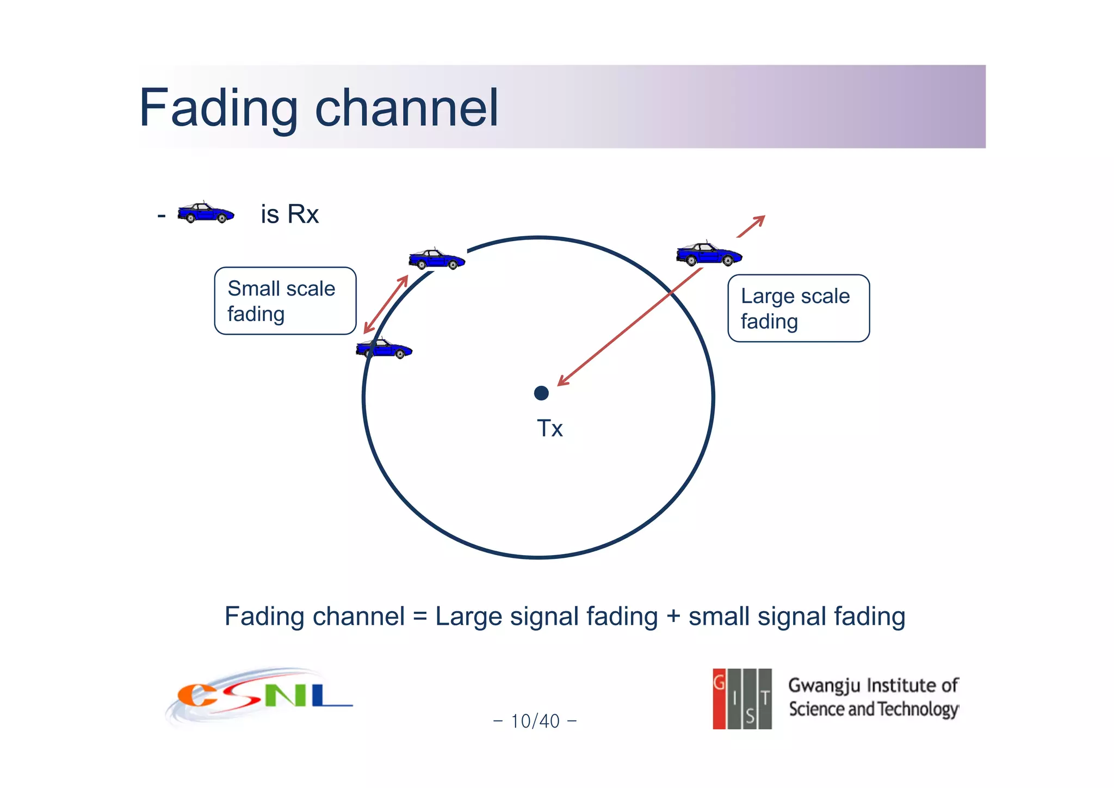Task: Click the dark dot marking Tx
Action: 541,393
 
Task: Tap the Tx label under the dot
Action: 549,429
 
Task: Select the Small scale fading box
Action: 285,301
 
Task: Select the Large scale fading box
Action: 798,309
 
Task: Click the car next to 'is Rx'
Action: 206,213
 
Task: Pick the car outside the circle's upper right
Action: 709,254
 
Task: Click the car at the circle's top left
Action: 437,259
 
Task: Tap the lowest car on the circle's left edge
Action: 384,349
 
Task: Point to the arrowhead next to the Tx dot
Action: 562,381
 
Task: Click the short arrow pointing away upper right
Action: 752,226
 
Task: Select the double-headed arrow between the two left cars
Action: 386,304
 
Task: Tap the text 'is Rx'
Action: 289,214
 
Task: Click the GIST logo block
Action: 742,699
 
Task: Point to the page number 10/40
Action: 535,721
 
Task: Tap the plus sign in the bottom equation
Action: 673,617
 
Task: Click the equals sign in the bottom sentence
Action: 420,617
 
